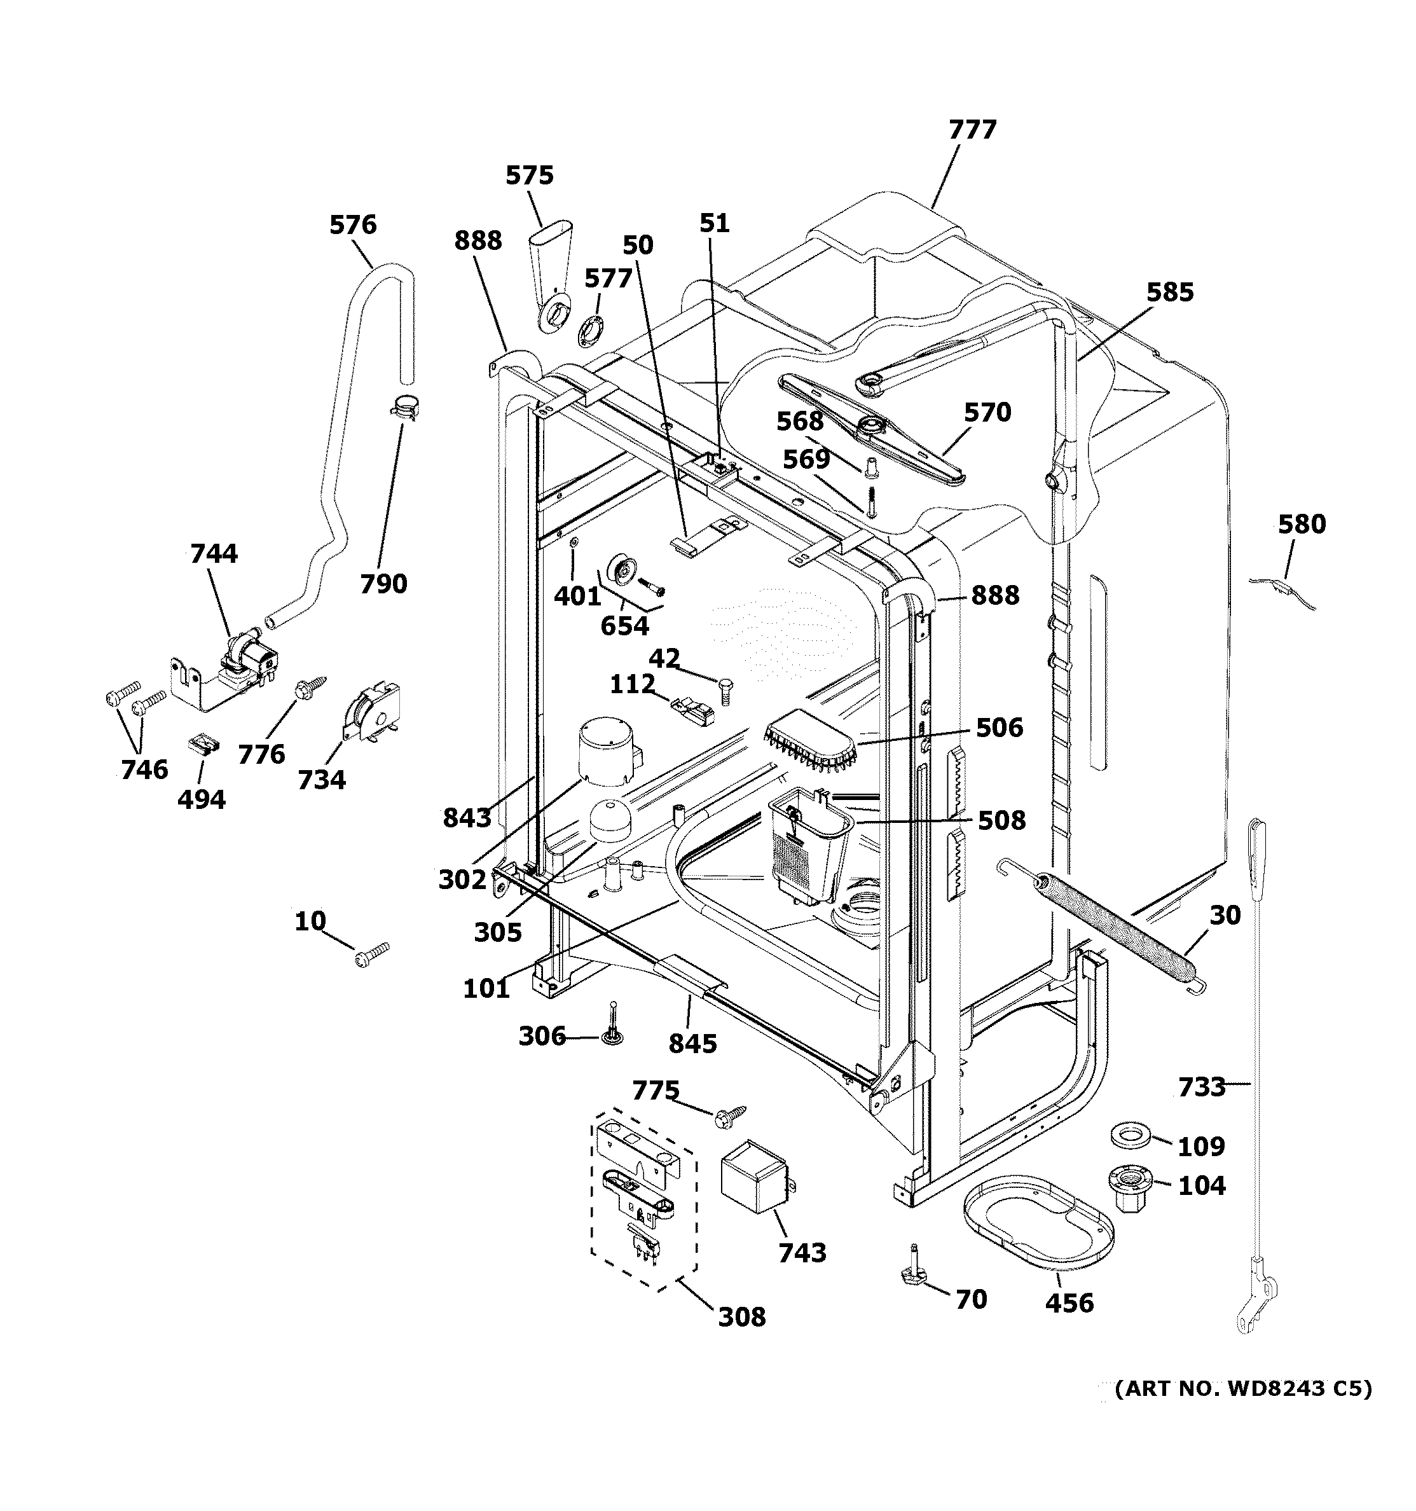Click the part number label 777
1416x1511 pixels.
click(x=972, y=130)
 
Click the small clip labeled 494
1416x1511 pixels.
click(x=202, y=743)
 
